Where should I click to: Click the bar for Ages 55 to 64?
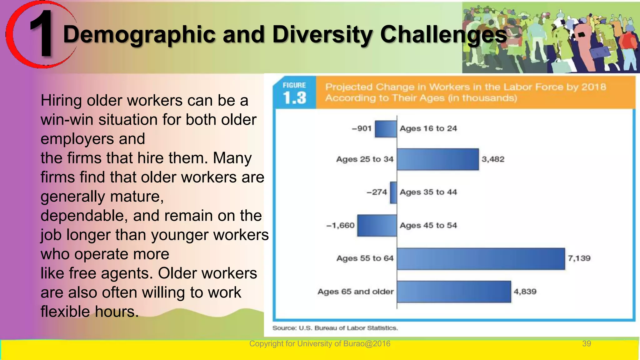click(x=481, y=259)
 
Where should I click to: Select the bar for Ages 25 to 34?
click(x=437, y=159)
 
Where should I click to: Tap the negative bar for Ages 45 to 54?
click(x=377, y=225)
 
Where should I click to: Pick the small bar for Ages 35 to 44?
click(x=393, y=192)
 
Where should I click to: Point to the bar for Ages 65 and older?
click(x=454, y=292)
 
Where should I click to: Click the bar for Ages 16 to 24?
click(x=386, y=129)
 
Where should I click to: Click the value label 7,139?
click(x=579, y=258)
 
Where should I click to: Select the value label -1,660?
click(x=340, y=225)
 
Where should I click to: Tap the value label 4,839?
click(x=525, y=292)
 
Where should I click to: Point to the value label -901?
click(x=362, y=128)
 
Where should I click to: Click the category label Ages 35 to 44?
click(x=428, y=192)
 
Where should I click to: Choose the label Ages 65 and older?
click(x=355, y=292)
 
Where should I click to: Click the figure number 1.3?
click(x=294, y=98)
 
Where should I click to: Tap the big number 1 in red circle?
click(x=42, y=34)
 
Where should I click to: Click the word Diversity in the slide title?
click(x=323, y=34)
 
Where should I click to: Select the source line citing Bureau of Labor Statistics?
click(x=335, y=328)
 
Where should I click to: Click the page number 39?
click(x=586, y=344)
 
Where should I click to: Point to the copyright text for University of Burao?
click(x=320, y=344)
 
